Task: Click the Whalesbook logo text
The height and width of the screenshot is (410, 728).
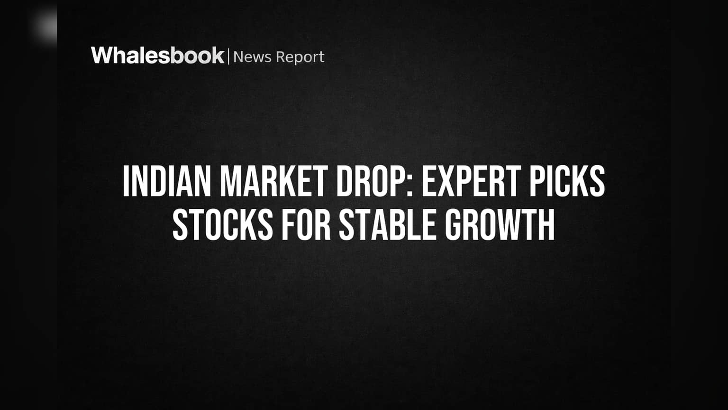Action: (x=158, y=56)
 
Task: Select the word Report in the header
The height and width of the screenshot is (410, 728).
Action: (x=300, y=57)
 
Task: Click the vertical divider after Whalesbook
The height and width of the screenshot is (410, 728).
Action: (x=228, y=56)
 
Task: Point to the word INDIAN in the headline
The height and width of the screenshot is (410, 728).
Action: (x=167, y=182)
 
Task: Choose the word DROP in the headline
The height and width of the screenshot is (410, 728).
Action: (x=371, y=182)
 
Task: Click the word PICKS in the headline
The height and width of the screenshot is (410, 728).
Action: (x=567, y=182)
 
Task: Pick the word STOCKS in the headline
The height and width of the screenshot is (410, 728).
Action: (x=223, y=225)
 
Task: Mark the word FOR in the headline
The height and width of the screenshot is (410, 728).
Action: (x=306, y=225)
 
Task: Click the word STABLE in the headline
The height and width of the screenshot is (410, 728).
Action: (x=387, y=225)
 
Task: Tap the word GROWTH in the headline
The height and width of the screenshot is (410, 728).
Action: (x=500, y=225)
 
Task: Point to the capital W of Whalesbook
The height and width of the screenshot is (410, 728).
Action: (x=101, y=56)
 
